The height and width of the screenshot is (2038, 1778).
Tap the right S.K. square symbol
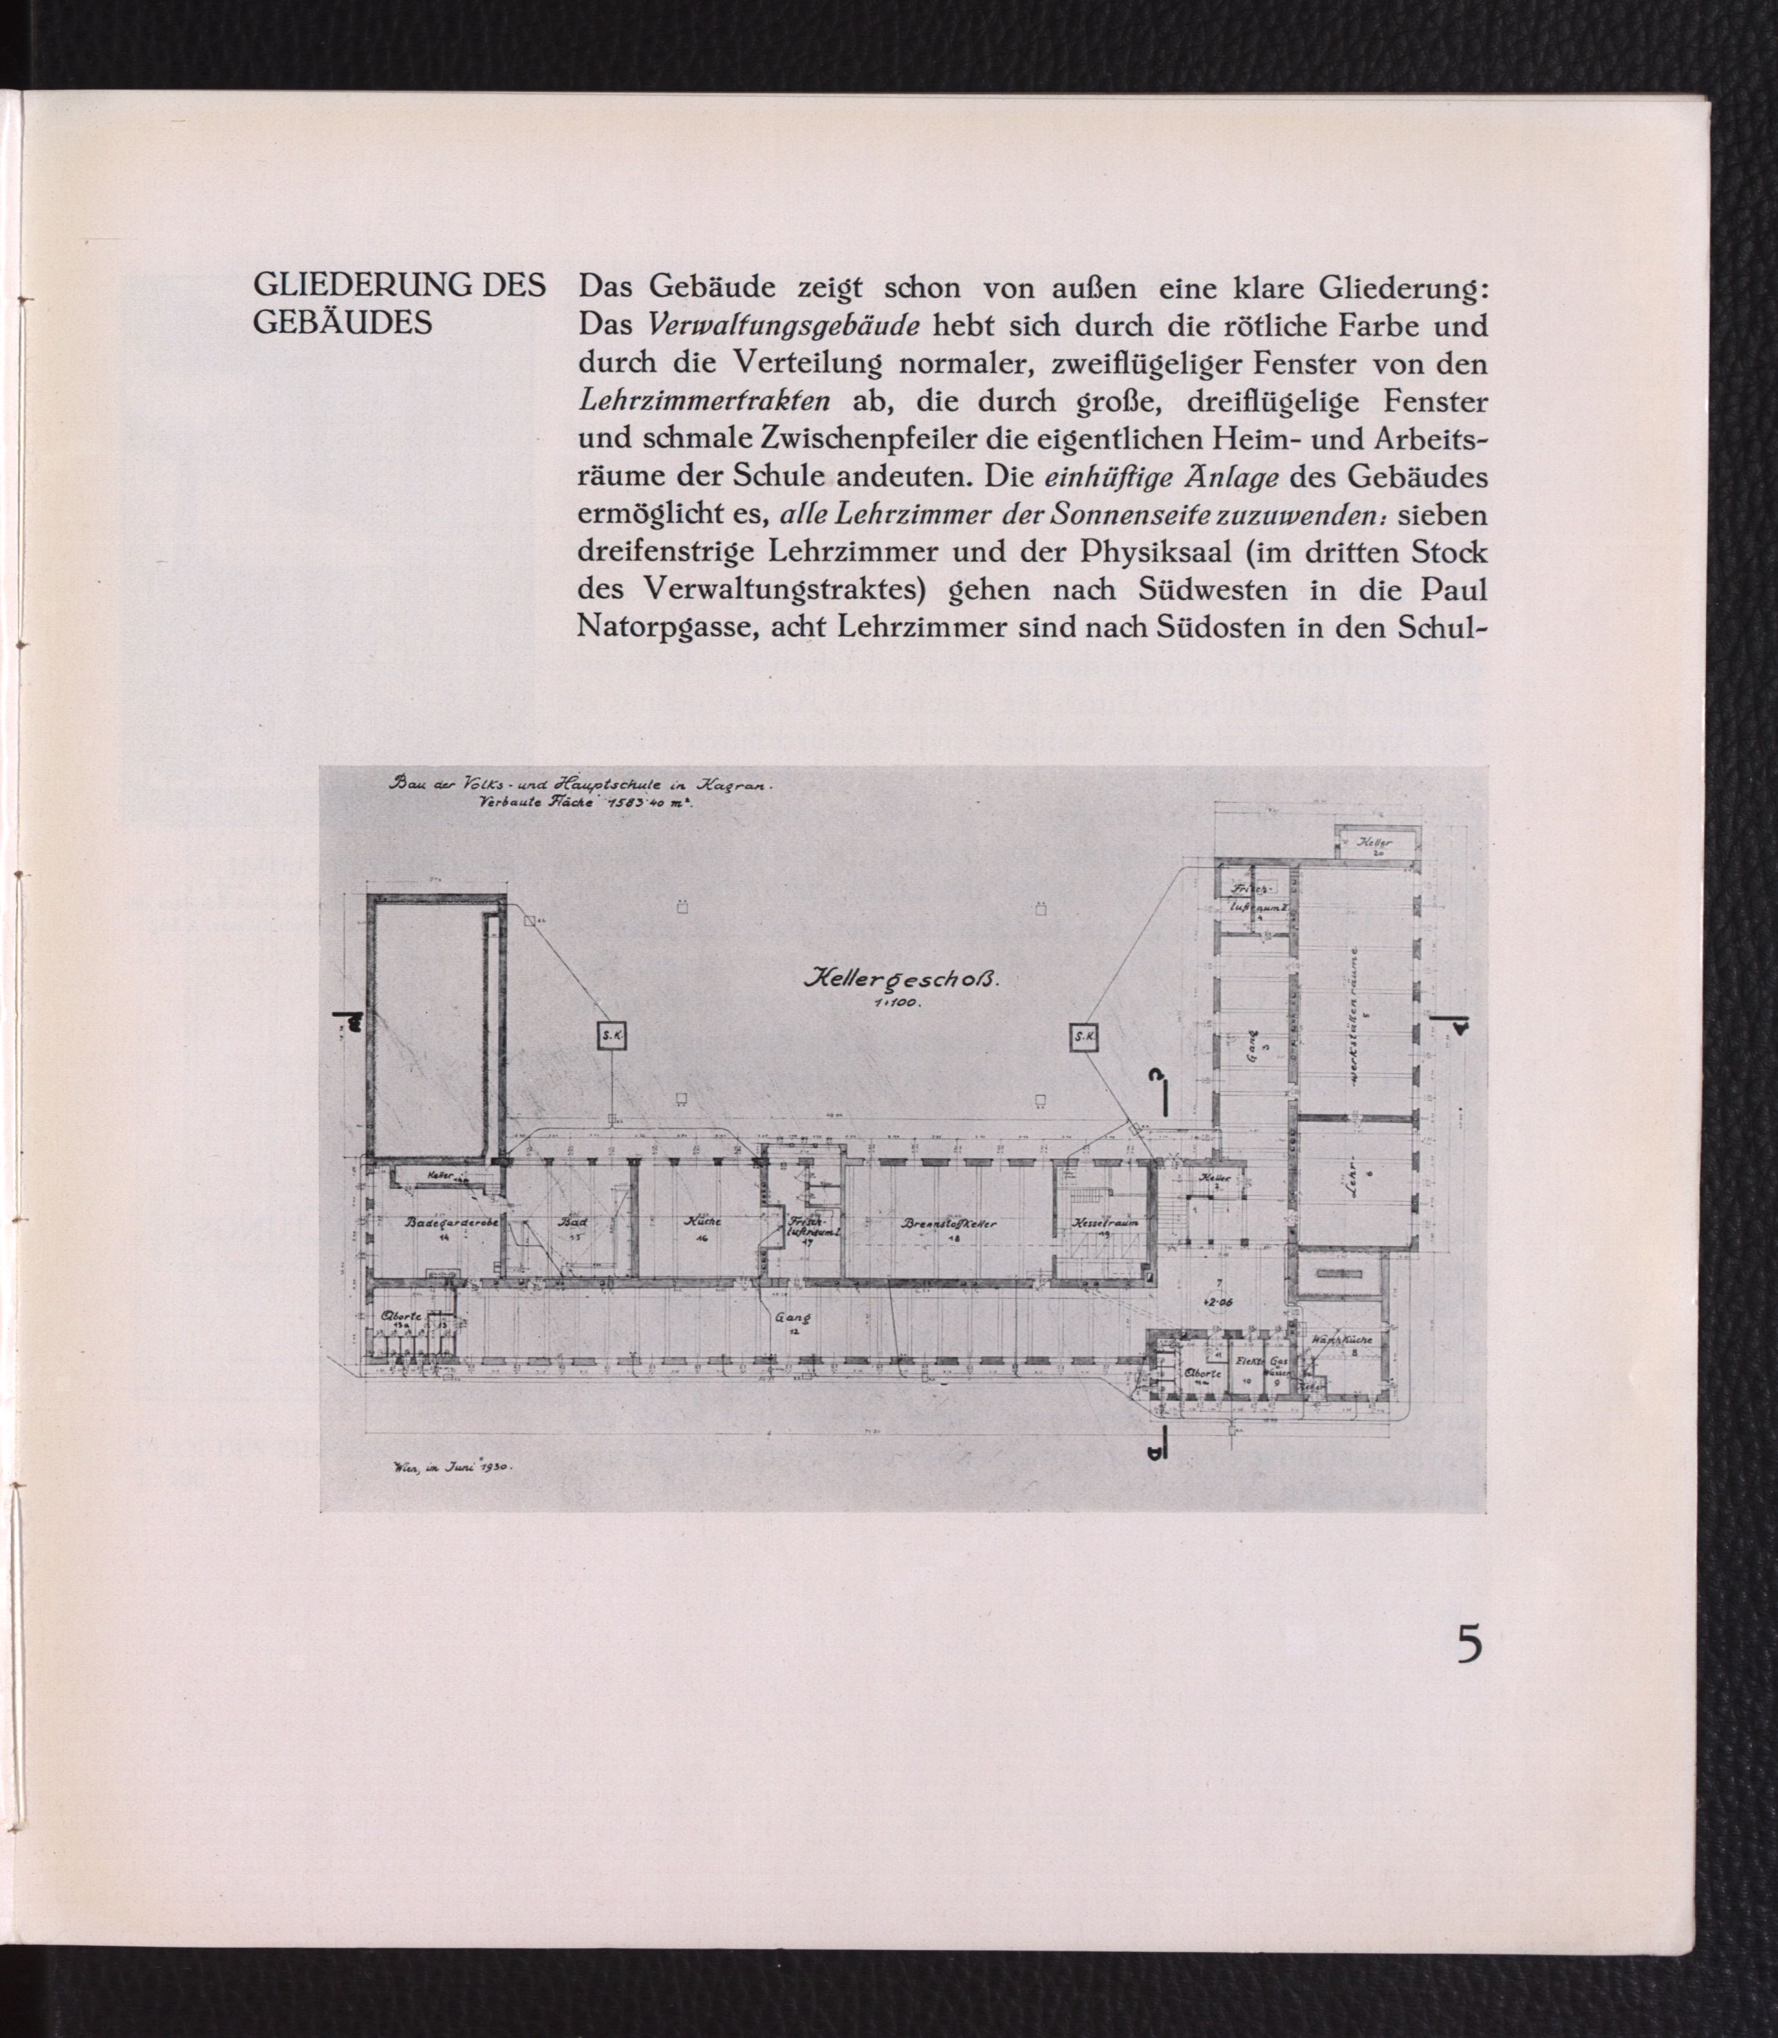tap(1084, 1038)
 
